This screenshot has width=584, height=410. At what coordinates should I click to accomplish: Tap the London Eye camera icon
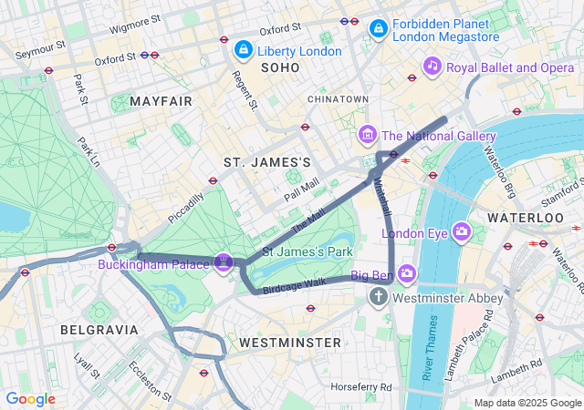click(462, 231)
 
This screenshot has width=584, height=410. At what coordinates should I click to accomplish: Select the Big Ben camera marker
click(406, 272)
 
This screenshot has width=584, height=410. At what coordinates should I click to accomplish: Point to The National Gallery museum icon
click(368, 136)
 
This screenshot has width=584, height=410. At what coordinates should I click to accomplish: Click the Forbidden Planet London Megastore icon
click(377, 30)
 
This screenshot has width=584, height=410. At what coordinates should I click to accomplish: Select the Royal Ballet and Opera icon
click(433, 66)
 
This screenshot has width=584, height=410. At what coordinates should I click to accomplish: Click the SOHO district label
click(279, 68)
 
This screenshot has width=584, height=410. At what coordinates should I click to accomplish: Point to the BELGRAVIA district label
click(99, 329)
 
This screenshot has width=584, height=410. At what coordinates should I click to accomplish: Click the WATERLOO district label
click(526, 219)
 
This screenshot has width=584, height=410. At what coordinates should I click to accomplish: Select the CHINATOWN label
click(338, 98)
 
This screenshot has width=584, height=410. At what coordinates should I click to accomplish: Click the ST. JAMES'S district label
click(267, 161)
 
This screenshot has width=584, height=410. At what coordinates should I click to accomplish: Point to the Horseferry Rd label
click(361, 387)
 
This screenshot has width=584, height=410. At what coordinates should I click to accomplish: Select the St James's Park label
click(308, 251)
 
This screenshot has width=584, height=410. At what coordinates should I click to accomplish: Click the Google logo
click(31, 399)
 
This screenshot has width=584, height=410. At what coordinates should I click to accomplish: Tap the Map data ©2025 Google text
click(527, 403)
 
